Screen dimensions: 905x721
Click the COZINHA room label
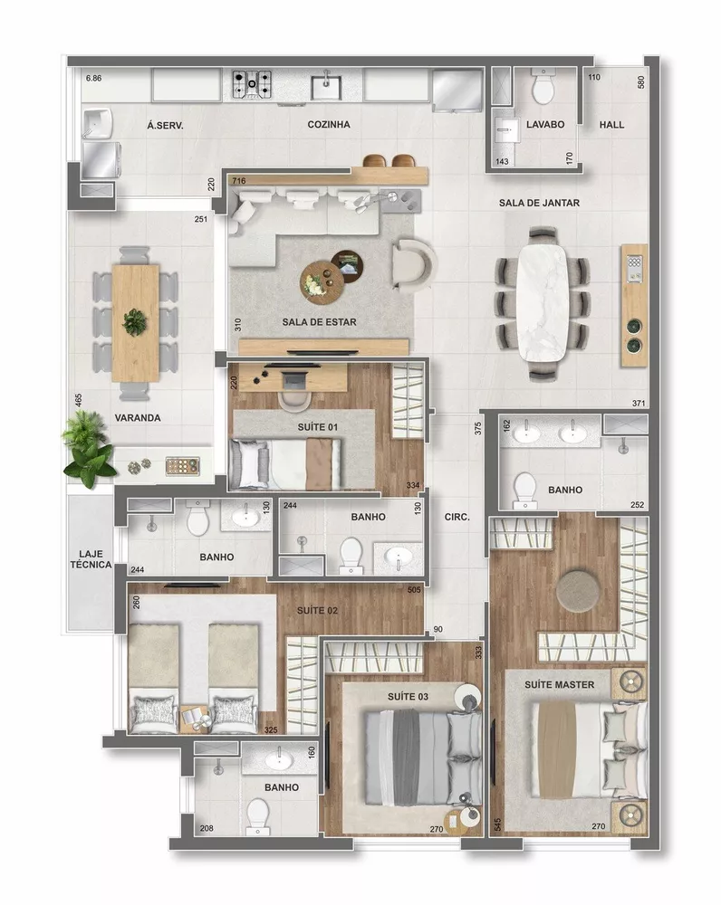tap(328, 125)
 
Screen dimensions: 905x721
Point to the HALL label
tap(611, 125)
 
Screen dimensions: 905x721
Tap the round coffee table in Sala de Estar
tap(322, 279)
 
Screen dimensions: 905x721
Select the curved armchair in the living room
tap(415, 265)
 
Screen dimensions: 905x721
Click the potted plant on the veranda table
tap(135, 320)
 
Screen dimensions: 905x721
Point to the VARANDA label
tap(138, 418)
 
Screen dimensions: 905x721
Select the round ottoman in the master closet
tap(578, 590)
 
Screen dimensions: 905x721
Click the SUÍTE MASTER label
tap(559, 684)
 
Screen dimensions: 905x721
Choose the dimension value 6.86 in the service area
tap(93, 80)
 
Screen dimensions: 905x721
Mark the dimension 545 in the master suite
tap(496, 825)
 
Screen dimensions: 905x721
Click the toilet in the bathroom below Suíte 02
tap(258, 819)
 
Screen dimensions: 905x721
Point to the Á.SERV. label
tap(165, 126)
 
